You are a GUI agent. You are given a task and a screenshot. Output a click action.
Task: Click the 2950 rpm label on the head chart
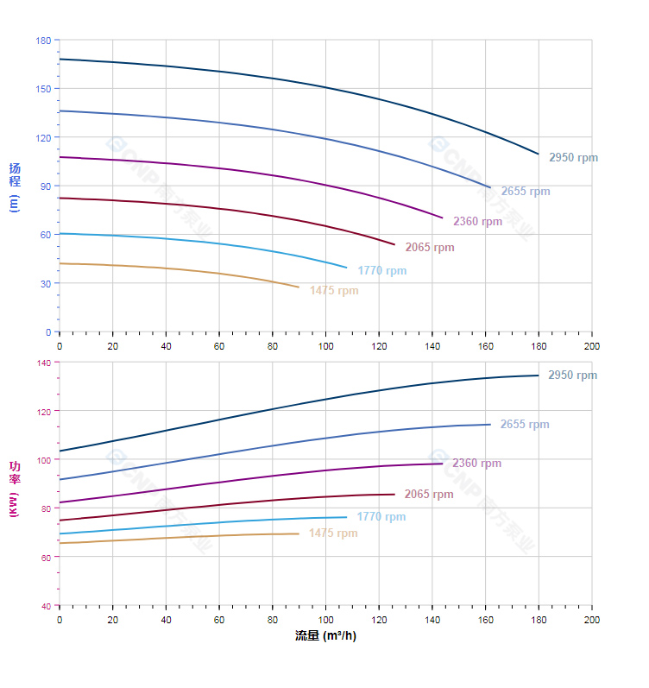pos(573,158)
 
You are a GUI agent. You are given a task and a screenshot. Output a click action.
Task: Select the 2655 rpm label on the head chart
pos(525,192)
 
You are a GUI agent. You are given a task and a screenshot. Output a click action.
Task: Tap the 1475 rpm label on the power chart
pos(332,533)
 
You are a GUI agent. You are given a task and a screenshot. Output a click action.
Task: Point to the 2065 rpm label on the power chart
pos(429,495)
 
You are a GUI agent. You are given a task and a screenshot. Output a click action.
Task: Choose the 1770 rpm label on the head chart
pos(381,271)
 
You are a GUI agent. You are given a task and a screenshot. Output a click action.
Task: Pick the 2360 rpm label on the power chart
pos(476,464)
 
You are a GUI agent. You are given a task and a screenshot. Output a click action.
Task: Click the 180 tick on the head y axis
pos(43,41)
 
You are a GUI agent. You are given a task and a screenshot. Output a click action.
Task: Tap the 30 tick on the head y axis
pos(46,283)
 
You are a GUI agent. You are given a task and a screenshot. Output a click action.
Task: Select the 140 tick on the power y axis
pos(43,363)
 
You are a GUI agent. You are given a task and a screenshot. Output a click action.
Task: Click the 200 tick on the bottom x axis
pos(592,620)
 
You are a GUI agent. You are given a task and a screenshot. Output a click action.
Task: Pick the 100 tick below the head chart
pos(325,345)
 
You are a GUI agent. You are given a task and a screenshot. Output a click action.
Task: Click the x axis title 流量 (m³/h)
pos(325,636)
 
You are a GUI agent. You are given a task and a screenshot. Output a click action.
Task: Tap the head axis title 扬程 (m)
pos(14,186)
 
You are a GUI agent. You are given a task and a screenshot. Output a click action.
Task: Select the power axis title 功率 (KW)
pos(14,489)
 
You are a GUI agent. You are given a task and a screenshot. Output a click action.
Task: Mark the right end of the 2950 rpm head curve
pos(539,154)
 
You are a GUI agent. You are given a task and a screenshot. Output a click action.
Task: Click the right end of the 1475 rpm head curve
pos(299,287)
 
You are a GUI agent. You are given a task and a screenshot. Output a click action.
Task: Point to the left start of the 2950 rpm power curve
pos(60,451)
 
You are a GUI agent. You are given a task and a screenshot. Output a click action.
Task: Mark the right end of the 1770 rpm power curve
pos(347,517)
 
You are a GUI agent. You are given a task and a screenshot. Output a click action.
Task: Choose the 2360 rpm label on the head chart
pos(477,222)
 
